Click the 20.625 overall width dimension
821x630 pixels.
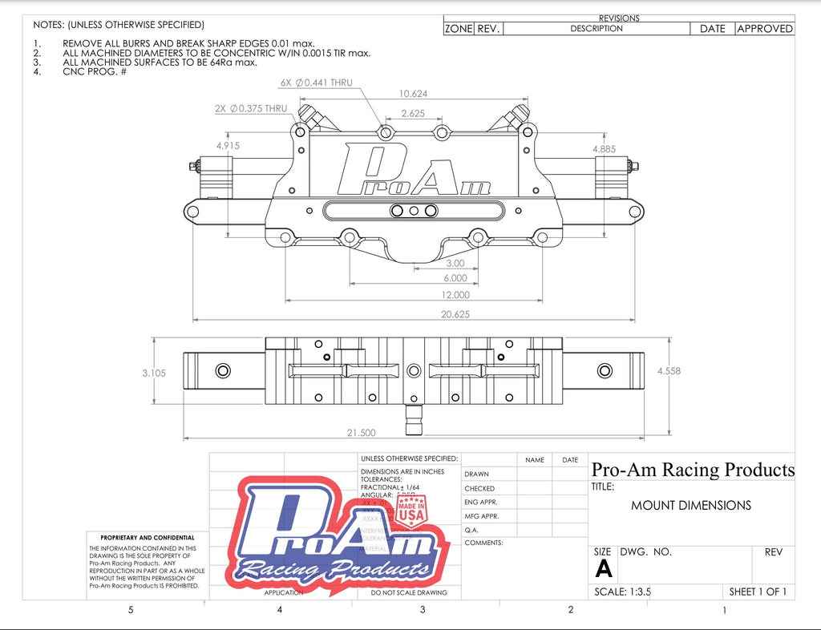(x=456, y=314)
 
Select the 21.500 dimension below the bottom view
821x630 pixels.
(x=361, y=433)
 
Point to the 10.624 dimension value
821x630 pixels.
(x=413, y=94)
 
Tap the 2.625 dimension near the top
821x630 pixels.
(x=413, y=113)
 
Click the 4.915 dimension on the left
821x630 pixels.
(x=227, y=146)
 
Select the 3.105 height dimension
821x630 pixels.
(x=153, y=373)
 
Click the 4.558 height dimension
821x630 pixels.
(x=669, y=371)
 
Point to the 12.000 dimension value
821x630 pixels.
(x=455, y=295)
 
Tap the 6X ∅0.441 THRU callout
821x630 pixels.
(x=316, y=83)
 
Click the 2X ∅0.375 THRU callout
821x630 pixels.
(x=250, y=108)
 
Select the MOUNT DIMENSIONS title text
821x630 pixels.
(x=691, y=506)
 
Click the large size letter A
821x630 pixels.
(x=604, y=569)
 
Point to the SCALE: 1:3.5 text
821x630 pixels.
(x=622, y=592)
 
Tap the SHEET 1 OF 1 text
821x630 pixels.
(x=758, y=592)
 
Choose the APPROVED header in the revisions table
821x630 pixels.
(x=765, y=29)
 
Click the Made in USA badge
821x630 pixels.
(x=412, y=509)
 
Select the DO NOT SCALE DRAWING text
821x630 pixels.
(x=409, y=593)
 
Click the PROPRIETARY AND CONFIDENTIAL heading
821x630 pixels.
(x=147, y=538)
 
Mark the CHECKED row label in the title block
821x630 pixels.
(x=479, y=488)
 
